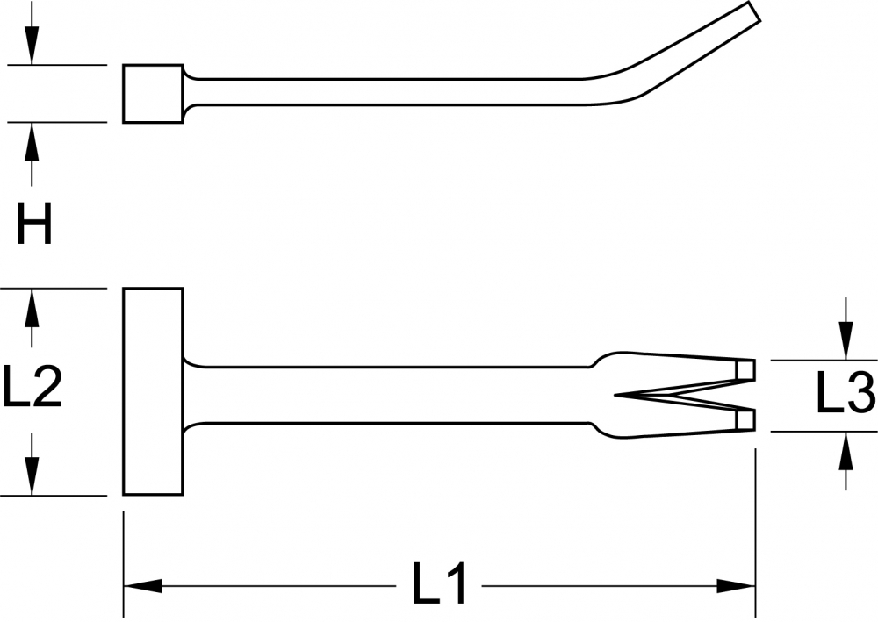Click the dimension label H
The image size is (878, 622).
[x=34, y=224]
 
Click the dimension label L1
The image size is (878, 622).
[x=440, y=584]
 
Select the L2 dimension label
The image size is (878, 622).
[x=32, y=385]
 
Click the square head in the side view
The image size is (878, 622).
[x=153, y=93]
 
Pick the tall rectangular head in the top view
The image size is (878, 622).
[x=153, y=391]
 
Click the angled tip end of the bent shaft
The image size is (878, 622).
[x=755, y=11]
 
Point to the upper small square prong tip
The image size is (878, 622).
[x=745, y=370]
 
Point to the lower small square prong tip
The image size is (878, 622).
[x=745, y=419]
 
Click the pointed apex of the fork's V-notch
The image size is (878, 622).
[x=615, y=395]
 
